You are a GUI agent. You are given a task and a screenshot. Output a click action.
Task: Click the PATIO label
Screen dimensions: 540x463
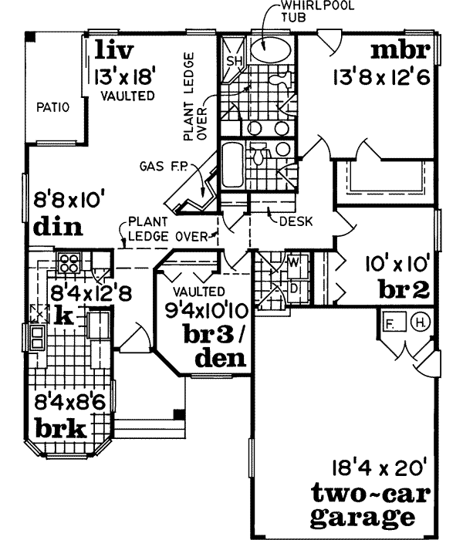tap(53, 108)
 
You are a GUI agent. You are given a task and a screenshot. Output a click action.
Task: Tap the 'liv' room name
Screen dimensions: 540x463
tap(115, 51)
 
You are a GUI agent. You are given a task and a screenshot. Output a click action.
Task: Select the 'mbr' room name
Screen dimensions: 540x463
tap(399, 52)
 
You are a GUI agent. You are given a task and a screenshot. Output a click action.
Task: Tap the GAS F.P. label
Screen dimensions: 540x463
tap(160, 165)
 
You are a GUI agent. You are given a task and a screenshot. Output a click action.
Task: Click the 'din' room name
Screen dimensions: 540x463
tap(59, 229)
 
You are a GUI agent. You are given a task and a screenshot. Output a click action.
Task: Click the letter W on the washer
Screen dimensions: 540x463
tap(294, 262)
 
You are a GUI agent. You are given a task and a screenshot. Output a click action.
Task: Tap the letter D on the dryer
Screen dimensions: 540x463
tap(294, 288)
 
